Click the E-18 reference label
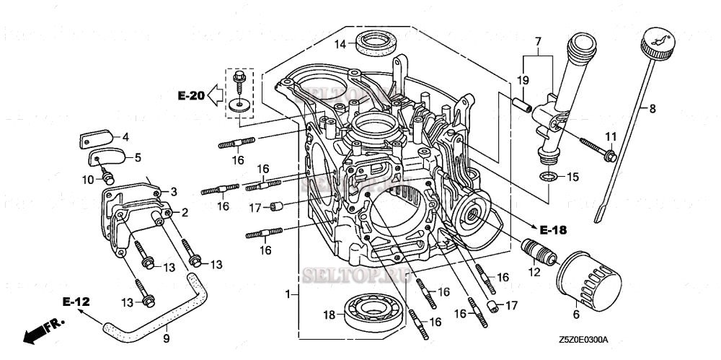[x=552, y=230]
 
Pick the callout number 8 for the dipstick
[x=652, y=109]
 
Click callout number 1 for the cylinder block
[x=288, y=295]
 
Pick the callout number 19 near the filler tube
[x=523, y=79]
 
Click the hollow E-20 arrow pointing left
[x=215, y=95]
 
